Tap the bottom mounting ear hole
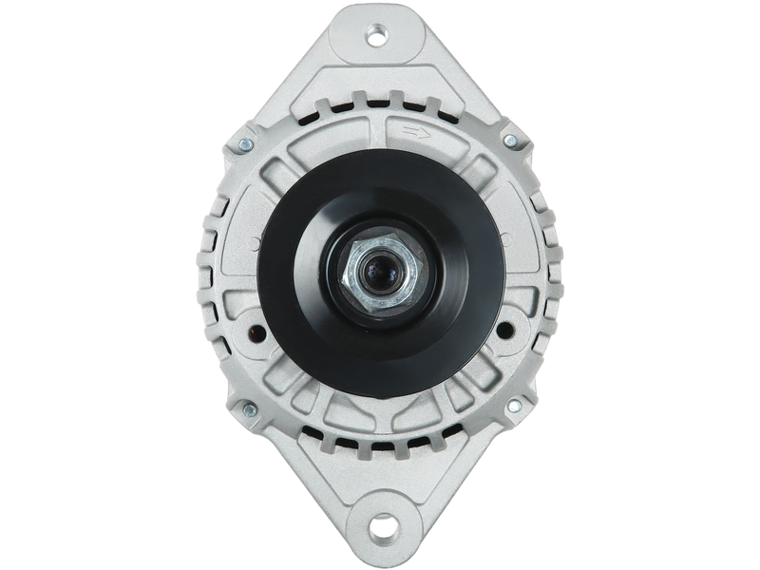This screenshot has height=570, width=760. click(x=382, y=524)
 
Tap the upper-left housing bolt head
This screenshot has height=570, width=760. click(x=246, y=144)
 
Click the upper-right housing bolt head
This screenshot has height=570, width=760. click(x=510, y=141)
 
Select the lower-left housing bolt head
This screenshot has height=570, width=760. click(x=249, y=410)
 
